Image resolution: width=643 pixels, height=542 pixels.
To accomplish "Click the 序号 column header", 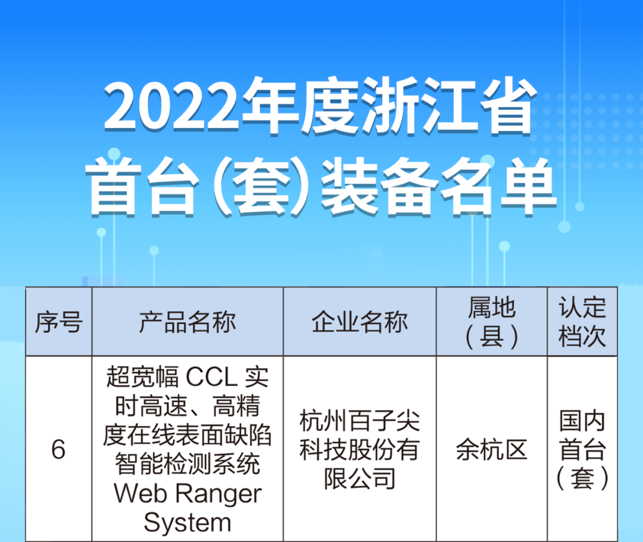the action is [58, 322].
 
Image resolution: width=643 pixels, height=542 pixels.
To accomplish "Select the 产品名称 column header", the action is [188, 322].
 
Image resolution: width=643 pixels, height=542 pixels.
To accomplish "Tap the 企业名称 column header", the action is [360, 322].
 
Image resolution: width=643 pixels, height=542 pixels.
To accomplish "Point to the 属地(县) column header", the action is [492, 322].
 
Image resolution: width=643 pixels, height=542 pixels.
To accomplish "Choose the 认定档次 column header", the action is [582, 322].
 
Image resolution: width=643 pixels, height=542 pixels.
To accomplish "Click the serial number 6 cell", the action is [58, 449].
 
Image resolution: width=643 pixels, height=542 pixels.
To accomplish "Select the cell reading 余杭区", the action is [492, 450].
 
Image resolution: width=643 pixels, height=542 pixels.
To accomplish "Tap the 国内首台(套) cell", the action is [582, 450].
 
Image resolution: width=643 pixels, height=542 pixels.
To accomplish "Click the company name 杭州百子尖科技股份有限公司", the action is [360, 450].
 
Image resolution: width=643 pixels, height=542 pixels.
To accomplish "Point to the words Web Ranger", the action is [188, 493].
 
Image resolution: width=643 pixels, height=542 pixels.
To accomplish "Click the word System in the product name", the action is [188, 522].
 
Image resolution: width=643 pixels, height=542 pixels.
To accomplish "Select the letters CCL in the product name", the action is [211, 376].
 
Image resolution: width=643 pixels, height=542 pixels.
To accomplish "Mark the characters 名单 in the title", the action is [499, 186].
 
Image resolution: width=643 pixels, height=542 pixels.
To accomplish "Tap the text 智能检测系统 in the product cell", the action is [188, 464].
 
